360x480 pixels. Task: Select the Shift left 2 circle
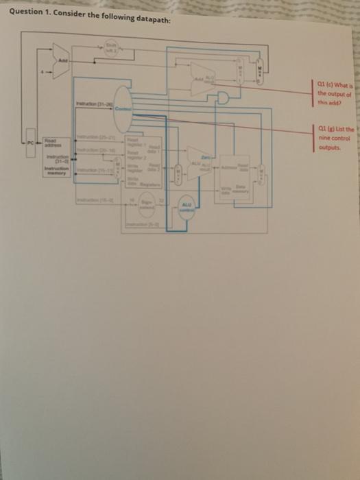[108, 47]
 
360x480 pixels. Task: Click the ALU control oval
[187, 208]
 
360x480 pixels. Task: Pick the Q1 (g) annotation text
[334, 135]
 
